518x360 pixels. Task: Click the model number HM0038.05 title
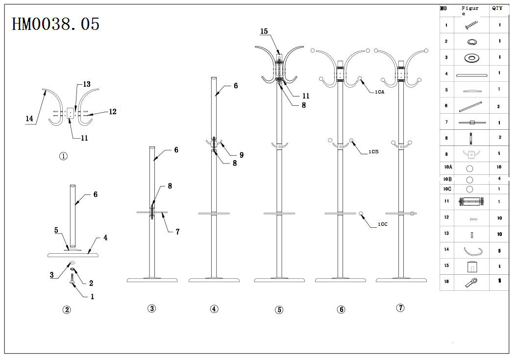pyautogui.click(x=55, y=24)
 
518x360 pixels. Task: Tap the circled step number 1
pyautogui.click(x=63, y=156)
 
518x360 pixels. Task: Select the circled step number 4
pyautogui.click(x=214, y=309)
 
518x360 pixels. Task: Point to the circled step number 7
pyautogui.click(x=400, y=308)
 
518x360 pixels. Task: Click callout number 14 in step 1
pyautogui.click(x=29, y=119)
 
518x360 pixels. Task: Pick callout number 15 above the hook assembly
pyautogui.click(x=264, y=31)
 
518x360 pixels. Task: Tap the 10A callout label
pyautogui.click(x=380, y=92)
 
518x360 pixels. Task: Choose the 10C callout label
pyautogui.click(x=383, y=224)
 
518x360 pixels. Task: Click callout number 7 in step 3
pyautogui.click(x=178, y=232)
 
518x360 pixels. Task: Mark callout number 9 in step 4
pyautogui.click(x=242, y=155)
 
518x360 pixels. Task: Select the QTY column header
pyautogui.click(x=497, y=8)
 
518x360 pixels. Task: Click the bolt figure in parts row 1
pyautogui.click(x=471, y=25)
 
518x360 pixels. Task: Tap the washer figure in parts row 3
pyautogui.click(x=472, y=58)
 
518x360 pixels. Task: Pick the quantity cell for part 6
pyautogui.click(x=498, y=106)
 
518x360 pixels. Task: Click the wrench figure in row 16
pyautogui.click(x=471, y=283)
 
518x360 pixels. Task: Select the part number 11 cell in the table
pyautogui.click(x=446, y=201)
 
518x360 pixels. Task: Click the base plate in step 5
pyautogui.click(x=279, y=280)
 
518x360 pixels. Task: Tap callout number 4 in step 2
pyautogui.click(x=105, y=238)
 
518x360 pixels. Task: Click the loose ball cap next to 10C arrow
pyautogui.click(x=361, y=214)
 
